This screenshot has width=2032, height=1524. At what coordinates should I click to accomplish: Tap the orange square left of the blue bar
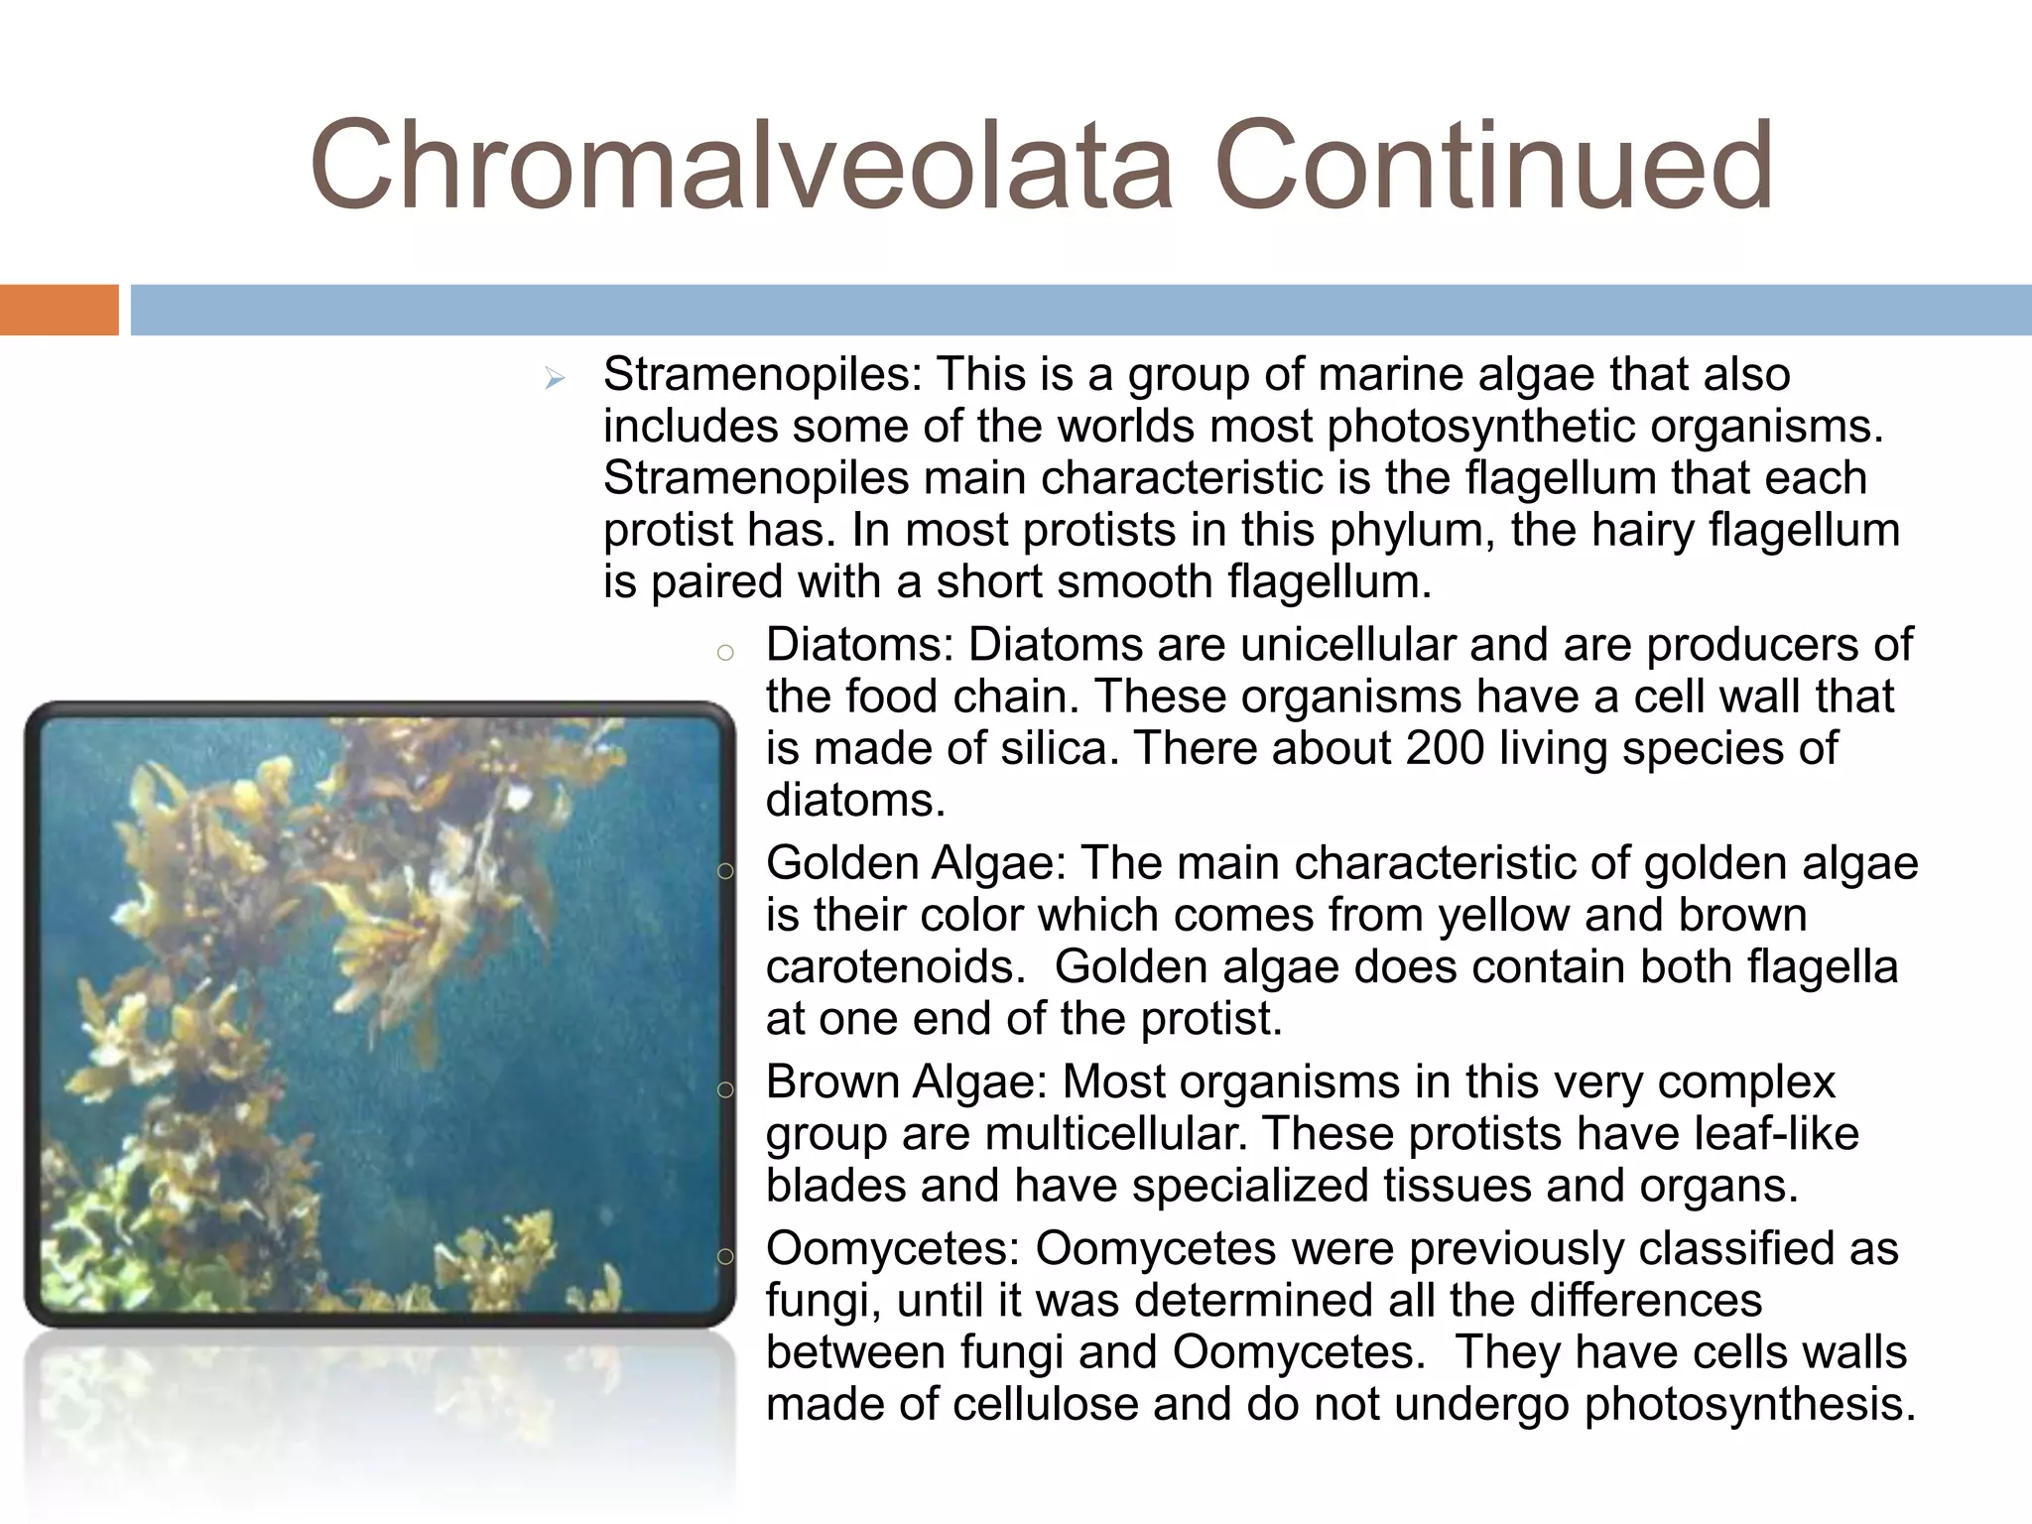pyautogui.click(x=59, y=310)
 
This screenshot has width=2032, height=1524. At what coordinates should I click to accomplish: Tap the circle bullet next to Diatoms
pyautogui.click(x=725, y=653)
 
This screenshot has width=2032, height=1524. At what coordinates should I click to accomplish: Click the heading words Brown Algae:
pyautogui.click(x=907, y=1082)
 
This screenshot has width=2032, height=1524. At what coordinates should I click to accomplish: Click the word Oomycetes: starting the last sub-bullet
pyautogui.click(x=893, y=1249)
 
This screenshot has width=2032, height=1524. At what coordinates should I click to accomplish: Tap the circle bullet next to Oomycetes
pyautogui.click(x=725, y=1257)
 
